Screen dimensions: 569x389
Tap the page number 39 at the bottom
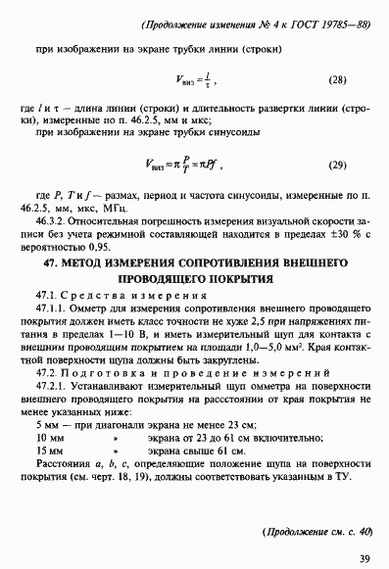click(364, 559)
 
